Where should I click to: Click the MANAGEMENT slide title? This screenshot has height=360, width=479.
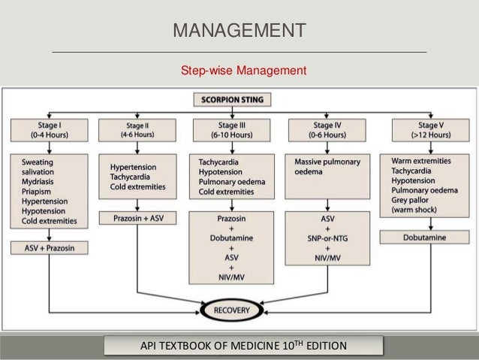(x=239, y=31)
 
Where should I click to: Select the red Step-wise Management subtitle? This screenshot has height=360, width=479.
(x=243, y=71)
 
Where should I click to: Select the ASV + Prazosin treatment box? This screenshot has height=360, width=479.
(x=50, y=247)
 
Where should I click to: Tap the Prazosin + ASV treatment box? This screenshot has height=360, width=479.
(x=137, y=219)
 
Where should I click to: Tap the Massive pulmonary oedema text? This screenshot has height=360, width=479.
(x=327, y=167)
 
